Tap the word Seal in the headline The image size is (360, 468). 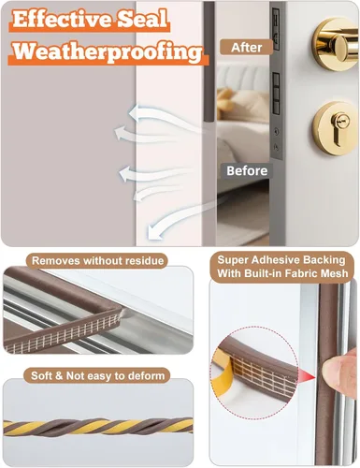click(x=143, y=19)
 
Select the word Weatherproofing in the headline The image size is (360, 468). click(x=108, y=51)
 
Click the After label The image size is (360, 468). click(x=247, y=48)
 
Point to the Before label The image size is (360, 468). click(x=247, y=170)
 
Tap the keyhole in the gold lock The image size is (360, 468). click(x=338, y=130)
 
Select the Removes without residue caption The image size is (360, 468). click(x=97, y=261)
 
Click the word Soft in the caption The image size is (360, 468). click(x=42, y=375)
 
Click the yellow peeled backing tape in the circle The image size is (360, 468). click(x=223, y=374)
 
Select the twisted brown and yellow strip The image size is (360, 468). click(x=98, y=427)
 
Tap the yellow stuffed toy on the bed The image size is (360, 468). click(x=226, y=100)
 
